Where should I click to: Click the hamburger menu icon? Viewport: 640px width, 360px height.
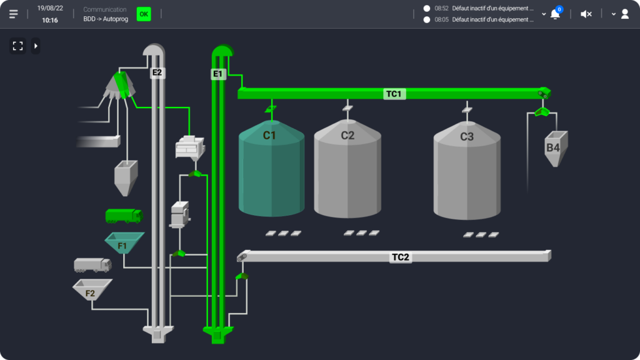(14, 14)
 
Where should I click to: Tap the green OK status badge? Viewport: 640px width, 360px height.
(144, 14)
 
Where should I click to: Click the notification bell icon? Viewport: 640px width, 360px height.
(554, 14)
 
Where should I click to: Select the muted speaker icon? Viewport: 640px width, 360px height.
(586, 14)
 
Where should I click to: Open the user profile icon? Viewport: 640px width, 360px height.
(624, 14)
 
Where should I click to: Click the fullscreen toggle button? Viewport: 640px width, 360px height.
(17, 46)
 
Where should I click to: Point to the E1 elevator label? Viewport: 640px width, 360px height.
(217, 74)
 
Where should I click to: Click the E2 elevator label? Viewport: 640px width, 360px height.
(157, 72)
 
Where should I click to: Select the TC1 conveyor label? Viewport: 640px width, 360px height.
(394, 94)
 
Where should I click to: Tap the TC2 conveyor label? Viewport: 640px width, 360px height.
(401, 257)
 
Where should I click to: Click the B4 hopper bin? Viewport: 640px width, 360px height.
(554, 149)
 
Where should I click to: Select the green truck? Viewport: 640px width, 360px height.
(124, 216)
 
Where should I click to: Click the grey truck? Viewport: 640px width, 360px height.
(92, 265)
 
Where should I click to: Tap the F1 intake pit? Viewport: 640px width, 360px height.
(124, 244)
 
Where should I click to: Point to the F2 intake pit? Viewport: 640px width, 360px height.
(92, 290)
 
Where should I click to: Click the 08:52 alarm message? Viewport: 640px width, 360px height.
(484, 9)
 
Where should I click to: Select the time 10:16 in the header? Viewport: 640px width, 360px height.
(50, 20)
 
